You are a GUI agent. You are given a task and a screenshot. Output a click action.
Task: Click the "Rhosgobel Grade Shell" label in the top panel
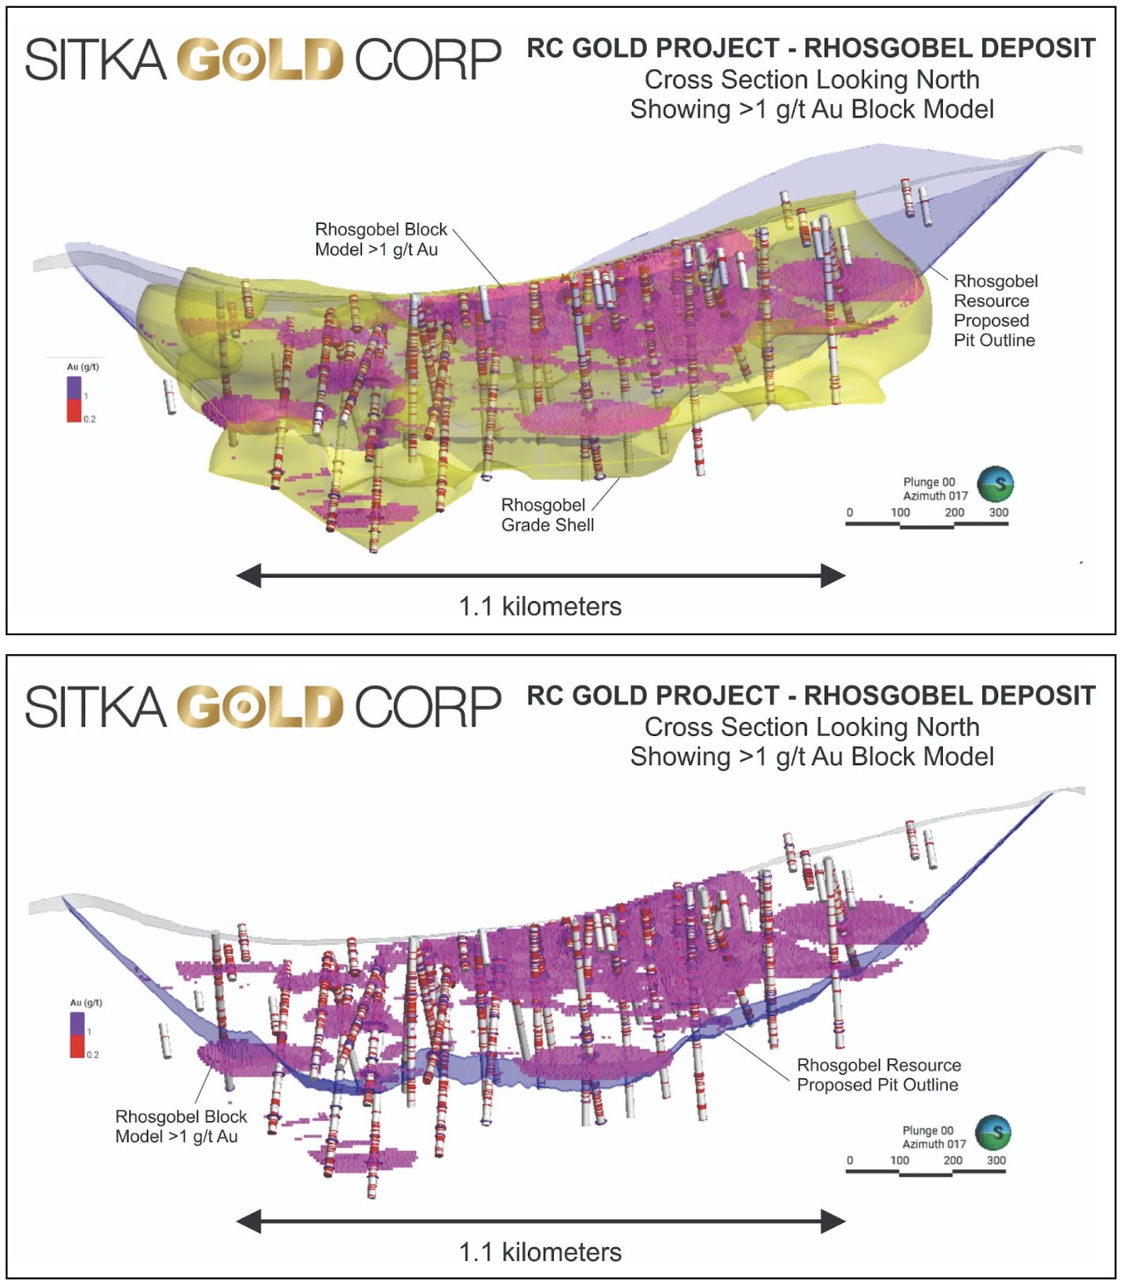tap(547, 514)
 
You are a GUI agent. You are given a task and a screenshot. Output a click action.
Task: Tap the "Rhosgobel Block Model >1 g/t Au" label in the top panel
tap(380, 239)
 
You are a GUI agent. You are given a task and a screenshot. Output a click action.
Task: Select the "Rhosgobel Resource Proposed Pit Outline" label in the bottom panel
tap(878, 1075)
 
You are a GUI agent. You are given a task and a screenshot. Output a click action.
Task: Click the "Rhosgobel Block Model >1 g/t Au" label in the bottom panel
tap(181, 1126)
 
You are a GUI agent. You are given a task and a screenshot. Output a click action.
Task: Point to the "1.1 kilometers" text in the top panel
tap(540, 606)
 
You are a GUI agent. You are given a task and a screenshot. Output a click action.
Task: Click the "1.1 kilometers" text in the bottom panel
tap(540, 1252)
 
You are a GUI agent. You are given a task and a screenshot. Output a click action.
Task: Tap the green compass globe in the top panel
tap(995, 484)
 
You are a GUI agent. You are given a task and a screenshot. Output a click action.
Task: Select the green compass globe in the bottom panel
tap(993, 1132)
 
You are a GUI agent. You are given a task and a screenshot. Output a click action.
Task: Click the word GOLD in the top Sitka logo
tap(260, 59)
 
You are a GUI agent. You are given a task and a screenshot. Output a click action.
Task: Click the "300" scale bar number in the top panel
tap(998, 512)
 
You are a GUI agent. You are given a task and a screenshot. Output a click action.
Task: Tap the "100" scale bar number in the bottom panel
tap(899, 1160)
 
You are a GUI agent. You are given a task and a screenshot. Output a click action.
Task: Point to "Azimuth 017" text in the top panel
tap(935, 495)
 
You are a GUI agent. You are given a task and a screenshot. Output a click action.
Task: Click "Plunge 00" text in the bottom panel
tap(927, 1131)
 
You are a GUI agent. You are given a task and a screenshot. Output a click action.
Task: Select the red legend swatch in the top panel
tap(73, 410)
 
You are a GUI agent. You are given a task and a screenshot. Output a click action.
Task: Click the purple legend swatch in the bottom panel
tap(77, 1023)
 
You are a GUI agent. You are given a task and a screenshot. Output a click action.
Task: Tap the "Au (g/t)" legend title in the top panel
tap(83, 367)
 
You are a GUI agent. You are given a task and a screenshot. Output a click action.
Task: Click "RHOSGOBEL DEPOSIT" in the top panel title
tap(949, 48)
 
